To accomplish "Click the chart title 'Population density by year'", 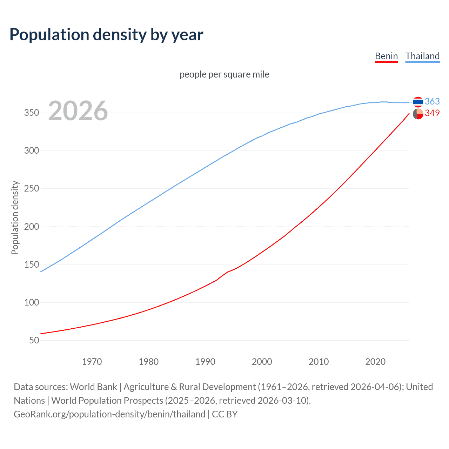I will click(x=106, y=35).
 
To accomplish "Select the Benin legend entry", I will click(x=386, y=56).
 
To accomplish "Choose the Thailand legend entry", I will click(x=422, y=56).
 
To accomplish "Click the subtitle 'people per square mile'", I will click(x=224, y=74).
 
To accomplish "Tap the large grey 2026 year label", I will click(x=78, y=111).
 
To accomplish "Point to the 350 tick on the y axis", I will click(x=32, y=113).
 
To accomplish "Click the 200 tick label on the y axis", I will click(x=32, y=227).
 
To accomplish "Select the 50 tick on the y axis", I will click(x=34, y=340).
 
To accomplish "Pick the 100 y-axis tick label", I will click(x=32, y=302).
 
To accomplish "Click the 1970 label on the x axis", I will click(x=92, y=362).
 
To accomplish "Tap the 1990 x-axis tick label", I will click(x=205, y=362).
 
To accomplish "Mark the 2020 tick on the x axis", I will click(x=375, y=362).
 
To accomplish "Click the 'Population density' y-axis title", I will click(x=15, y=217).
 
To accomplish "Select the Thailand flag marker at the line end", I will click(x=418, y=102).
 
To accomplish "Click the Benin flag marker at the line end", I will click(x=418, y=114).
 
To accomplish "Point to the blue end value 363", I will click(x=432, y=101).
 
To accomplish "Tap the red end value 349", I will click(x=432, y=113).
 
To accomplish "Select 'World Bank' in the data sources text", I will click(x=93, y=387).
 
